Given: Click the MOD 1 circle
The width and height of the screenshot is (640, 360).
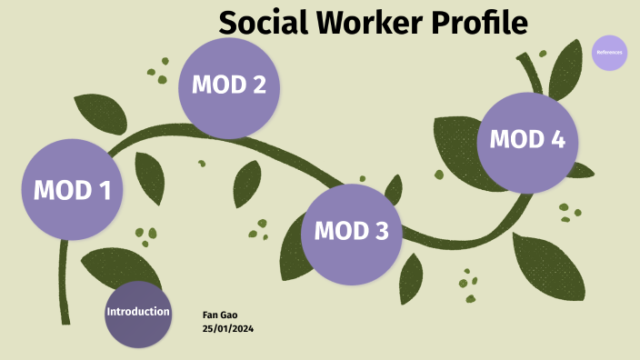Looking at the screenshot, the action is point(72,190).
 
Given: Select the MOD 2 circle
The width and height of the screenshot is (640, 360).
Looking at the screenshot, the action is point(228,86).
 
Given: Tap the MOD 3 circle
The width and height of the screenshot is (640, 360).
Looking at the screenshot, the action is point(351,232).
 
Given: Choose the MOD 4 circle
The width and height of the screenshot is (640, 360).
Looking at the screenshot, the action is point(527,141).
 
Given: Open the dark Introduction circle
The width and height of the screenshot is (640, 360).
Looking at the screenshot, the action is point(137,314).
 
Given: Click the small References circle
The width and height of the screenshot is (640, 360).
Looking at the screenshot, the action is point(609,53).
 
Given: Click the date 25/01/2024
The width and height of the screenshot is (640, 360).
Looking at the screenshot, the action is point(227,327).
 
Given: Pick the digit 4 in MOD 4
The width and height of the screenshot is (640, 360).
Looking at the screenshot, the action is point(557,140).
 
